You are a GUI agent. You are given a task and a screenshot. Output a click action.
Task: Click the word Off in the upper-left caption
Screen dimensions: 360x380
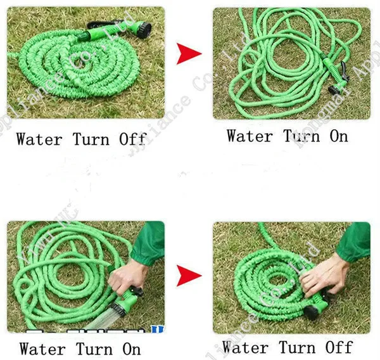tap(132, 139)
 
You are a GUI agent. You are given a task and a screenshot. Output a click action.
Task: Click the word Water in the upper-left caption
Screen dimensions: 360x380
tap(39, 139)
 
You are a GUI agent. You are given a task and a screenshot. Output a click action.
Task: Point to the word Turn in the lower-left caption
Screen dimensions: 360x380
tap(95, 349)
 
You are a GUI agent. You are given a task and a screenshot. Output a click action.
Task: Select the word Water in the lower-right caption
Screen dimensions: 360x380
tap(245, 347)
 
